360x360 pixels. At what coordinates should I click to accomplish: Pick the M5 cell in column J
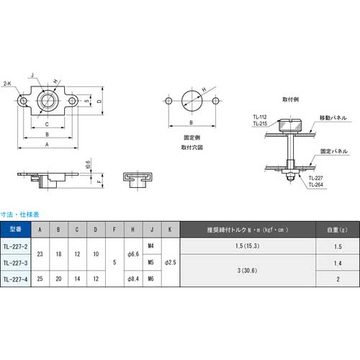(150, 263)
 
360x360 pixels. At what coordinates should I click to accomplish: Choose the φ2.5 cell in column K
(168, 263)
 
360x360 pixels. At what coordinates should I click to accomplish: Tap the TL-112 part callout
(260, 117)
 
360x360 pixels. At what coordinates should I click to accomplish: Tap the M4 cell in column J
(150, 247)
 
